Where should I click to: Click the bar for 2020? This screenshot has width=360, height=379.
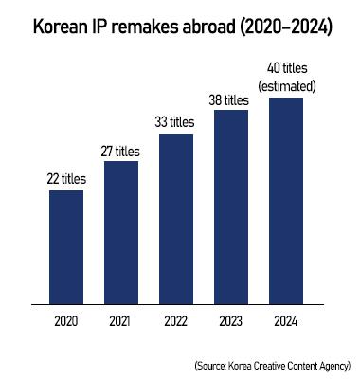point(66,247)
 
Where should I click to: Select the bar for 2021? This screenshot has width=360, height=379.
point(121,232)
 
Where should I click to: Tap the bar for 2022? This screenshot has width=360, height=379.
point(175,219)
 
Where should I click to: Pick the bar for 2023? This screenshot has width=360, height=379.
point(230,208)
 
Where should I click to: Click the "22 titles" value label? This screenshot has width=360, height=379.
point(66,178)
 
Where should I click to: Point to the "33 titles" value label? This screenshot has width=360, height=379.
point(175,121)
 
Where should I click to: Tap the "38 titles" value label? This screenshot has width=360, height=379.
point(230,99)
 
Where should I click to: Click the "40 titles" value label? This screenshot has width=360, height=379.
point(285,70)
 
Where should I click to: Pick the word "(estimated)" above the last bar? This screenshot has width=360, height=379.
point(285,86)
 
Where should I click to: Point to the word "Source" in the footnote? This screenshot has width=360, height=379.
point(211,365)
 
